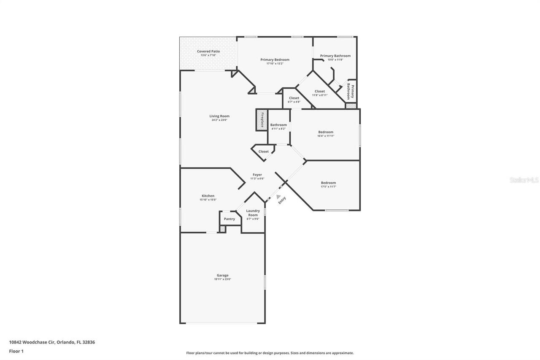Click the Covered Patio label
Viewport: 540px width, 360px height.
(x=208, y=51)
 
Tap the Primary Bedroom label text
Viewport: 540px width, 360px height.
(x=275, y=60)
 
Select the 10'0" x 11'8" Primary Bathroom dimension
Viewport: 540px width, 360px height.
(x=335, y=60)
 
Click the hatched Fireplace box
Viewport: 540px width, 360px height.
(x=262, y=120)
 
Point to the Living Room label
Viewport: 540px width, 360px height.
(x=219, y=116)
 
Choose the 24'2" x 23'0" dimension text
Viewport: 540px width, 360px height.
(x=219, y=120)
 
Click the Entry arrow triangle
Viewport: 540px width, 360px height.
(x=278, y=196)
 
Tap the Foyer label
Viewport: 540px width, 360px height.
(x=257, y=175)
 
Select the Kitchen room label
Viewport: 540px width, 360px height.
(x=208, y=196)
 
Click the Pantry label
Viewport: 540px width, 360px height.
(x=229, y=219)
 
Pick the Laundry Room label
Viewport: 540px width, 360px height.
(x=253, y=213)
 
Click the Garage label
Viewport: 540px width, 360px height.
(x=222, y=275)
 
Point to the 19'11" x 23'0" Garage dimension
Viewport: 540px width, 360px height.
(x=222, y=279)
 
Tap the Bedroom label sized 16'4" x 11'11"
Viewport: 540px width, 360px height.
(x=326, y=132)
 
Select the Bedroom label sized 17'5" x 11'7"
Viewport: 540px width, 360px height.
(x=328, y=183)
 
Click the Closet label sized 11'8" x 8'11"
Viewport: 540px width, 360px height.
(x=320, y=91)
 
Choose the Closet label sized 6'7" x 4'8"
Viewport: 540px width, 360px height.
(x=294, y=98)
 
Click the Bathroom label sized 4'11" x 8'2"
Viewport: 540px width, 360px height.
(x=278, y=125)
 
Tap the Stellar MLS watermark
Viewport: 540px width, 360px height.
(x=524, y=180)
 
